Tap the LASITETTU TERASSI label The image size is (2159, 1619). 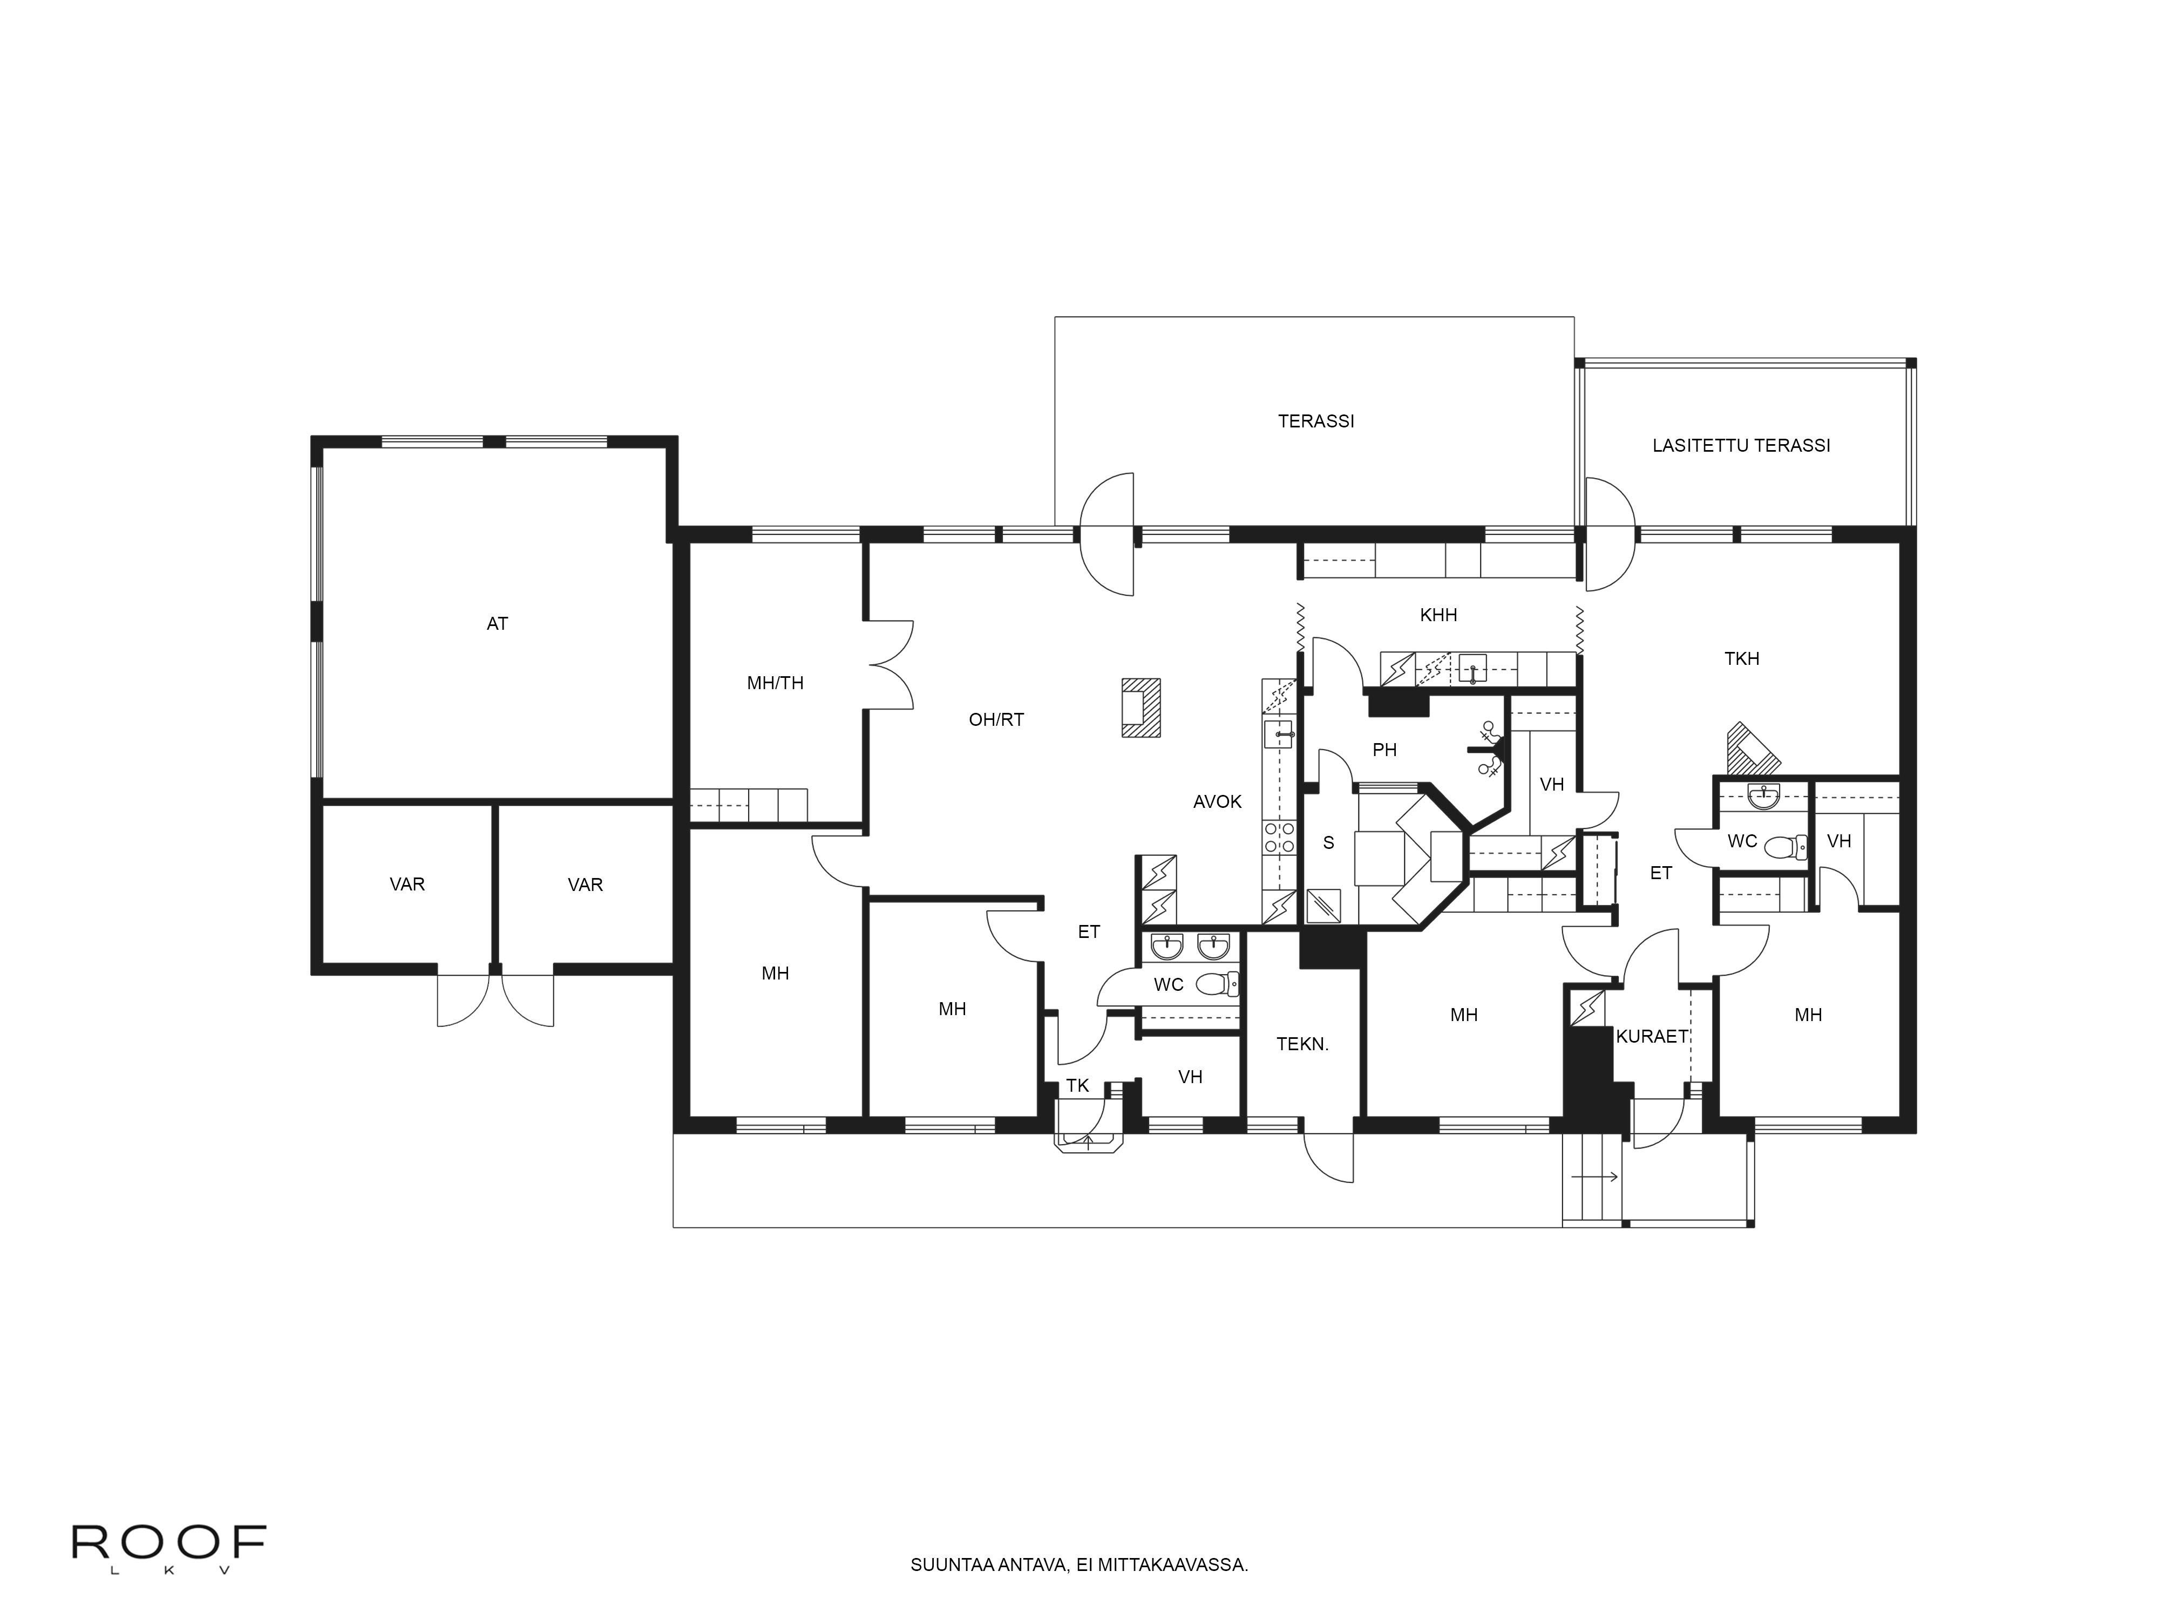pyautogui.click(x=1740, y=446)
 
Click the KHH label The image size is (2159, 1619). pyautogui.click(x=1438, y=615)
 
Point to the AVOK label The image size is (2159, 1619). pyautogui.click(x=1217, y=802)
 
